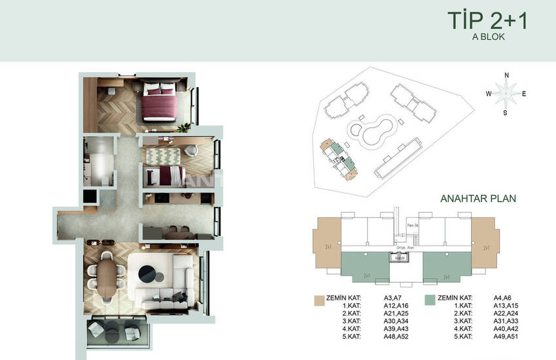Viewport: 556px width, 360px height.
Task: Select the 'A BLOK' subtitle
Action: tap(488, 37)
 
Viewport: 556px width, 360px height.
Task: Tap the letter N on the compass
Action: tap(506, 75)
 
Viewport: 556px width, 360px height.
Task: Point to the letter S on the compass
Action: tap(506, 113)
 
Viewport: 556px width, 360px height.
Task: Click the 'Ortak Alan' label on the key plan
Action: tap(397, 248)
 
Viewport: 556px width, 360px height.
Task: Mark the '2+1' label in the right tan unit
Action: tap(487, 248)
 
